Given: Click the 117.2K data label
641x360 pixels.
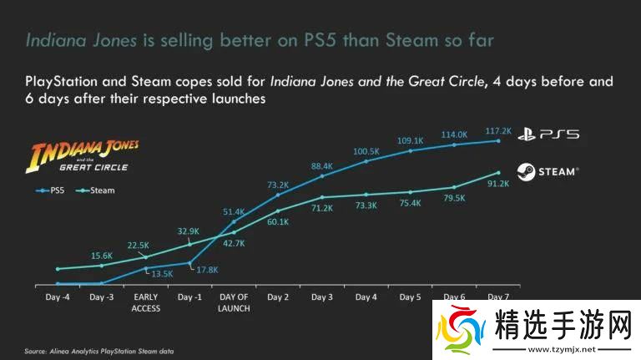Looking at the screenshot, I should tap(497, 131).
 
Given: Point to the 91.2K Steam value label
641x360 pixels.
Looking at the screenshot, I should tap(497, 184).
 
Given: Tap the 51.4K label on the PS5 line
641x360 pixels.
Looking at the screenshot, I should tap(233, 212).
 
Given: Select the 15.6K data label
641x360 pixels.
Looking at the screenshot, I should tap(103, 256).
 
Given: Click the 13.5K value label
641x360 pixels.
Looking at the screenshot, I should tap(160, 272).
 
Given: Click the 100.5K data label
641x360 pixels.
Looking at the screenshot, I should tap(366, 151).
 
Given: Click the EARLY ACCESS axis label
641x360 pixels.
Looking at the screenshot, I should tap(147, 302).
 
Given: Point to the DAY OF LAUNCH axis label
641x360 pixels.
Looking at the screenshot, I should tap(233, 302).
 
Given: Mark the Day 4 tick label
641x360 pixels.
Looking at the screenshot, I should tap(366, 297).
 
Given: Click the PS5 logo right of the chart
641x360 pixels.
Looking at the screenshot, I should tap(548, 134).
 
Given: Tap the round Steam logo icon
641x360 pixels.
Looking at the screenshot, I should tap(526, 171).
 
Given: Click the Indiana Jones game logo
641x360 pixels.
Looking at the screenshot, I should tap(84, 158).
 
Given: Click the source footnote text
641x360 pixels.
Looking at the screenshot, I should tap(99, 351).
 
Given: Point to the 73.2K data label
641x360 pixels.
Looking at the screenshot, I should tap(278, 185).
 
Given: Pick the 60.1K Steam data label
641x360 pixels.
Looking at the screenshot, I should tap(278, 221).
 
